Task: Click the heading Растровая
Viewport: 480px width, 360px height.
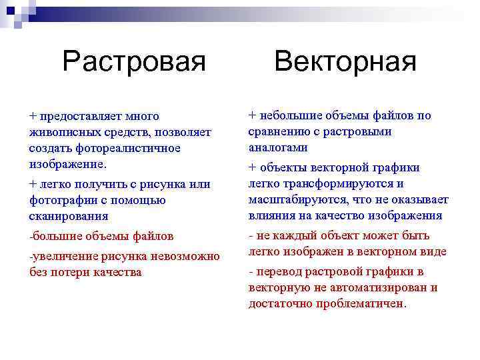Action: pyautogui.click(x=134, y=62)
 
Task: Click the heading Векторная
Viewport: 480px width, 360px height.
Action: pyautogui.click(x=345, y=62)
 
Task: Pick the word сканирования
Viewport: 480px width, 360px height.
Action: pyautogui.click(x=69, y=216)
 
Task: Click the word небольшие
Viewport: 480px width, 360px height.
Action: pyautogui.click(x=289, y=115)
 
